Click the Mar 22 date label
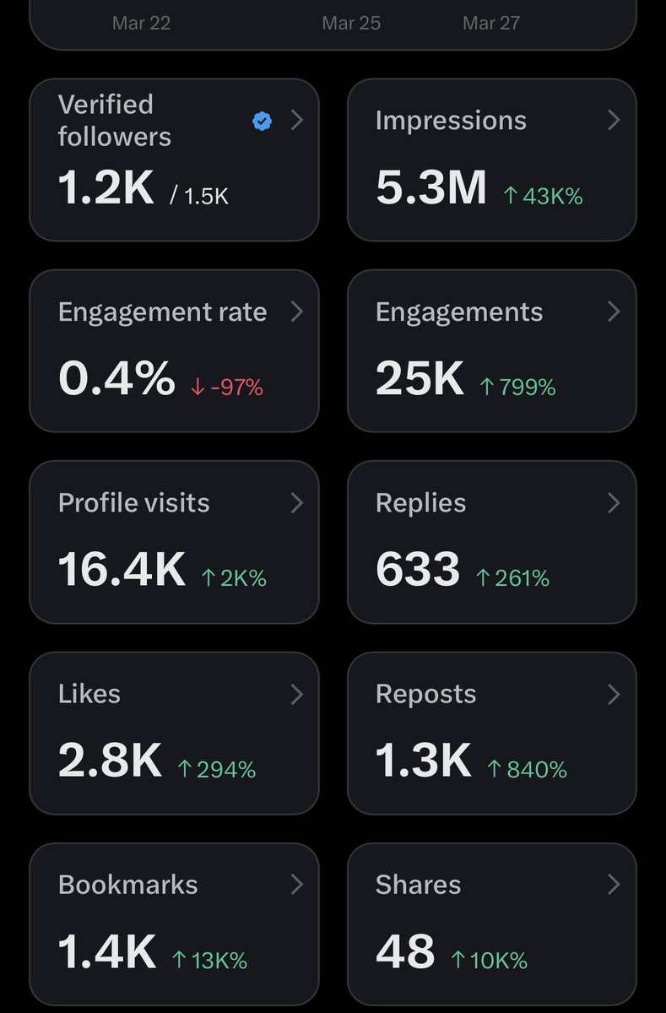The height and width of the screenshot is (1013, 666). pyautogui.click(x=141, y=23)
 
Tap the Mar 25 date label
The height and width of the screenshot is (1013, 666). pyautogui.click(x=351, y=23)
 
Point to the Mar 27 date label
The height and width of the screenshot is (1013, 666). pyautogui.click(x=491, y=23)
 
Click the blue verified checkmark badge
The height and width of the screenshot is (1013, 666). pyautogui.click(x=263, y=122)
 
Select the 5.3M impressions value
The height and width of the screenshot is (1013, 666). pyautogui.click(x=431, y=188)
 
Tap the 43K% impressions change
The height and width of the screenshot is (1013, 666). pyautogui.click(x=543, y=197)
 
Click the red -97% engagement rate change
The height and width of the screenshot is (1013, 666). pyautogui.click(x=228, y=387)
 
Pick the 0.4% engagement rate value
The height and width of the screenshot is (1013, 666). pyautogui.click(x=116, y=379)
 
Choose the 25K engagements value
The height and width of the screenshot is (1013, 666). pyautogui.click(x=420, y=379)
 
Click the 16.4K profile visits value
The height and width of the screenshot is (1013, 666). pyautogui.click(x=122, y=570)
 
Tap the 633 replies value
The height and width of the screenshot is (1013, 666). pyautogui.click(x=418, y=570)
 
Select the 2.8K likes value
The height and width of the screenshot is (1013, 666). pyautogui.click(x=110, y=761)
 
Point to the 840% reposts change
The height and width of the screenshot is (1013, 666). pyautogui.click(x=527, y=769)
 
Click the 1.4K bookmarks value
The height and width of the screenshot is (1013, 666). pyautogui.click(x=107, y=951)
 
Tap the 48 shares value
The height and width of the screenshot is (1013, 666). pyautogui.click(x=405, y=951)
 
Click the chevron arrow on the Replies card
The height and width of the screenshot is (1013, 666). pyautogui.click(x=614, y=503)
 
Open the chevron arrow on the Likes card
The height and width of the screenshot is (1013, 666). pyautogui.click(x=296, y=694)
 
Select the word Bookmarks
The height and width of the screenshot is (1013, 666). pyautogui.click(x=128, y=885)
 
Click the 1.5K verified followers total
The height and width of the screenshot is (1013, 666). pyautogui.click(x=199, y=197)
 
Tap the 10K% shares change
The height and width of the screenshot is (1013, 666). pyautogui.click(x=490, y=960)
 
